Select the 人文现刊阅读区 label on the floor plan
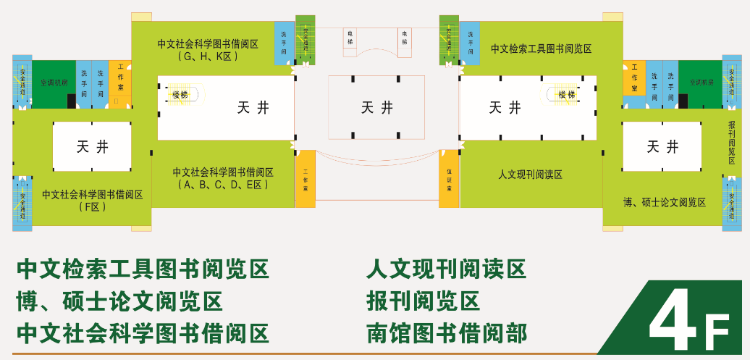click(530, 175)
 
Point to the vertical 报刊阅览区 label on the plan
click(732, 142)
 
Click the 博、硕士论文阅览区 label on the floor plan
click(665, 202)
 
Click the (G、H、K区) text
click(208, 56)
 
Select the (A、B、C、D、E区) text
click(223, 185)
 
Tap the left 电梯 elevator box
click(350, 38)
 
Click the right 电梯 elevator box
click(404, 38)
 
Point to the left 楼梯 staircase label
click(180, 94)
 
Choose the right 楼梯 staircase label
click(567, 94)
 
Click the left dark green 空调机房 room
click(54, 83)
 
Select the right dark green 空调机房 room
click(701, 83)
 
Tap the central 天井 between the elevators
click(376, 108)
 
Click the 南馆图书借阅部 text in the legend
click(447, 333)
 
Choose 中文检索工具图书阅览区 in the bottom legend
click(143, 269)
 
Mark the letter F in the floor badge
click(717, 333)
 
